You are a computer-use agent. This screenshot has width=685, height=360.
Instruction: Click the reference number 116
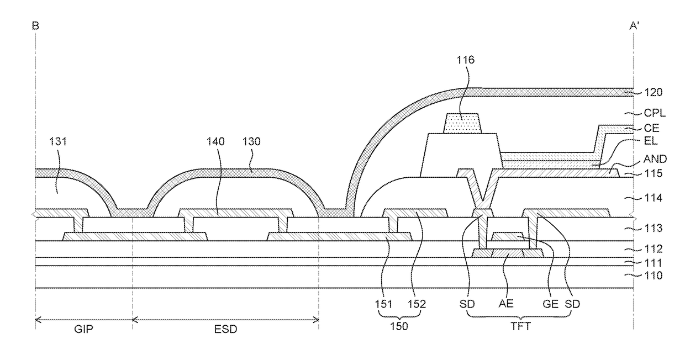(x=466, y=60)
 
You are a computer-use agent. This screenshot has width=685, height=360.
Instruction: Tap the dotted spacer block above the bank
(x=462, y=124)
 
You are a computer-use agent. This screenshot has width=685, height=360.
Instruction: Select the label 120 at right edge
(x=653, y=92)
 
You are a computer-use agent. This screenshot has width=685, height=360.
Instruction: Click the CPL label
(x=655, y=113)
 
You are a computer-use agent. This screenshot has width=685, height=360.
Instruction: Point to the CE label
(x=651, y=128)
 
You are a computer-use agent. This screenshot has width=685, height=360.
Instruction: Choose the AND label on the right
(x=655, y=159)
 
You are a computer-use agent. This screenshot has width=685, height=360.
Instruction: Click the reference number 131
(x=58, y=141)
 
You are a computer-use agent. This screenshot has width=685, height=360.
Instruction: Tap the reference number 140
(x=215, y=141)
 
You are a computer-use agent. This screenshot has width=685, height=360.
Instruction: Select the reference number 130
(x=251, y=141)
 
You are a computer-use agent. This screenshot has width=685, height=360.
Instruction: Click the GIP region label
(x=83, y=329)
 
